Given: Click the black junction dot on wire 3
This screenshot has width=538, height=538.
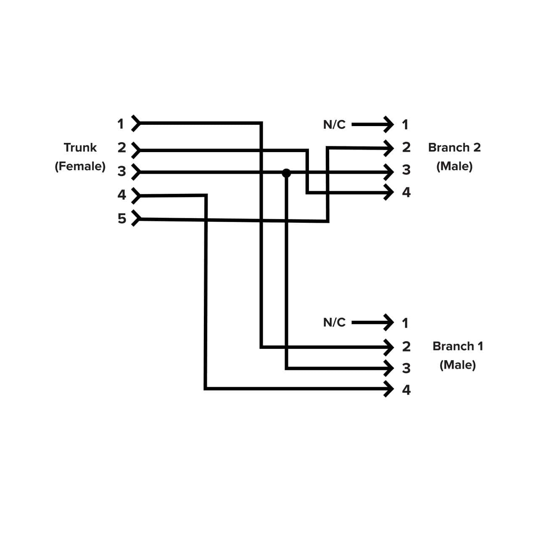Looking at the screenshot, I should click(x=286, y=173).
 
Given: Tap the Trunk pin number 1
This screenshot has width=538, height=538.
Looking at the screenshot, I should click(x=121, y=124).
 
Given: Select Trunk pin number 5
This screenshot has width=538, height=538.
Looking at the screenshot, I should click(x=121, y=219).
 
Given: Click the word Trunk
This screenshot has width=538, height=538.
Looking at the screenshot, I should click(x=80, y=148).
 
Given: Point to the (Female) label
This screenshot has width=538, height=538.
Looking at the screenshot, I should click(x=80, y=166).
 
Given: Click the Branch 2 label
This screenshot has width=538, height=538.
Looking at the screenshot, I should click(x=454, y=148).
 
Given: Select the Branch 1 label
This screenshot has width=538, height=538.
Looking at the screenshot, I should click(x=457, y=346).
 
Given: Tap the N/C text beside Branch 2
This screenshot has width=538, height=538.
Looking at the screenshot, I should click(x=334, y=124).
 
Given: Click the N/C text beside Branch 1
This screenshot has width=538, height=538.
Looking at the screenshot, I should click(x=334, y=322).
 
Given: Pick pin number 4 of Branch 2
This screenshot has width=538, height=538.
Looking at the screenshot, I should click(x=406, y=193).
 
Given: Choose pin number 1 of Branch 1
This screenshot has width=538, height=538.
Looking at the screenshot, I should click(x=405, y=323).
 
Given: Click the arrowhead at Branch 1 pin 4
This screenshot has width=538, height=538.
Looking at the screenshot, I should click(x=389, y=389).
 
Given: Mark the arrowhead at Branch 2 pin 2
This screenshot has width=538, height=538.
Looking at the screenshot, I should click(x=389, y=148).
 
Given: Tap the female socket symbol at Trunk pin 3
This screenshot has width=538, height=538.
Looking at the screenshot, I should click(x=135, y=172).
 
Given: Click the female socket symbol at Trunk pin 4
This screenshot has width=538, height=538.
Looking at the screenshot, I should click(x=135, y=195).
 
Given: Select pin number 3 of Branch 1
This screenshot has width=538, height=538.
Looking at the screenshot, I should click(x=406, y=368).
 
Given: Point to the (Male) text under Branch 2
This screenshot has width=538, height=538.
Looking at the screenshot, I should click(x=454, y=166).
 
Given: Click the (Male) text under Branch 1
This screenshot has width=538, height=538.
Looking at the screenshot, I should click(x=457, y=365).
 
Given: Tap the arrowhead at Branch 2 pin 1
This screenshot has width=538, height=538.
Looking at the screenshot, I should click(x=389, y=124).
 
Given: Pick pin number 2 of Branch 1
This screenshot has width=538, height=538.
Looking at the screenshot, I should click(x=406, y=346).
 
